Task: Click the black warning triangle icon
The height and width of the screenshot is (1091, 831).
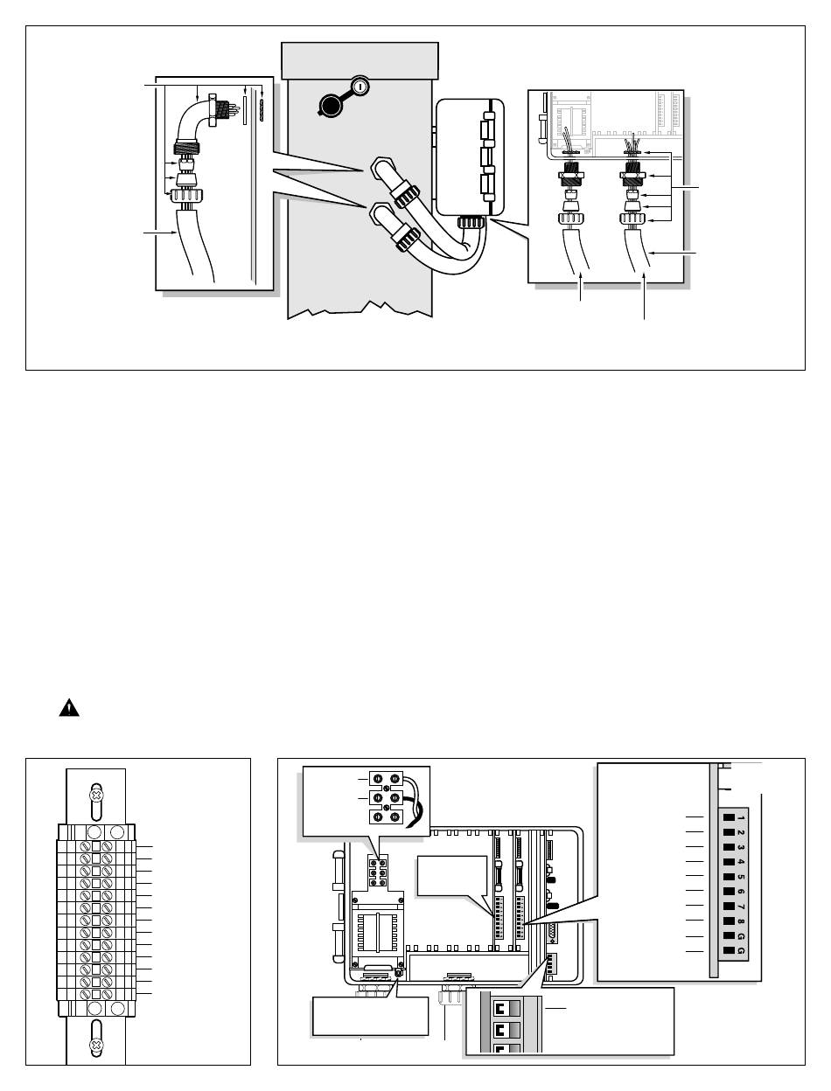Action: [69, 708]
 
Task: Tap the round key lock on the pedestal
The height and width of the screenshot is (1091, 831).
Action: [360, 87]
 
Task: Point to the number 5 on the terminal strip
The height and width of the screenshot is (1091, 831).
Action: [741, 877]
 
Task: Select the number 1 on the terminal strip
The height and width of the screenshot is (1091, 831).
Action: [741, 817]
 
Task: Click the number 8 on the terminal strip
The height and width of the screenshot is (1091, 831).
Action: [741, 921]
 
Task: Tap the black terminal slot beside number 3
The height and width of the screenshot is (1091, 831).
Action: [729, 847]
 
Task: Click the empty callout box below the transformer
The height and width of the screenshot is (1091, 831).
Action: [370, 1016]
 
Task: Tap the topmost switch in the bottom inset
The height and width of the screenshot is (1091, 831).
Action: [506, 1009]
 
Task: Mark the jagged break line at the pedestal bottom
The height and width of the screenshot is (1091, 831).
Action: [360, 309]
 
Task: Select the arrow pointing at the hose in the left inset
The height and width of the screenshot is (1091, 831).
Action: [160, 233]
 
